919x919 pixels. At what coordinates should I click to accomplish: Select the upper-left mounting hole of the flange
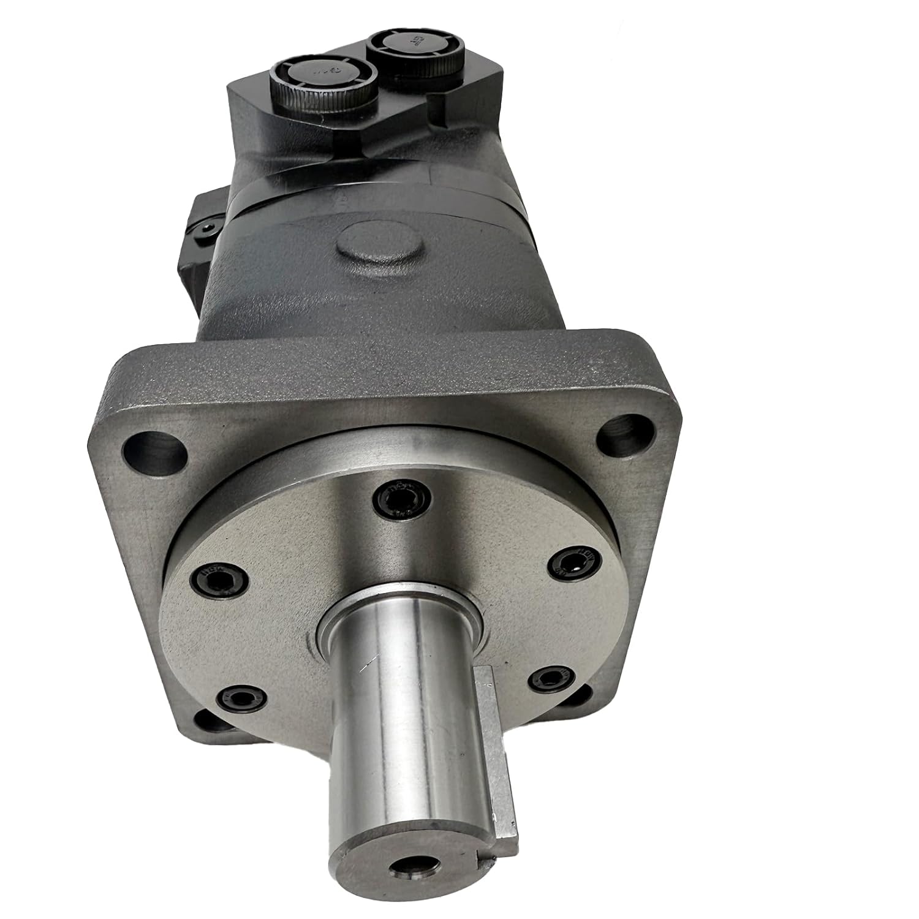[154, 452]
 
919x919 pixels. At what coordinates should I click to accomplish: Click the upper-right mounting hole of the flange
[627, 433]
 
